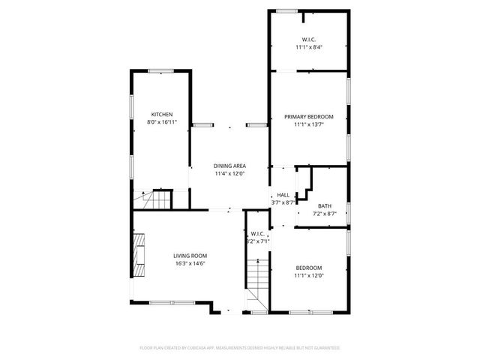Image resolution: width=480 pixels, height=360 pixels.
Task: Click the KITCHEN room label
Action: (x=162, y=114)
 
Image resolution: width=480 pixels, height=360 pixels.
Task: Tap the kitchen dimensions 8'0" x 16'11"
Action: (x=162, y=122)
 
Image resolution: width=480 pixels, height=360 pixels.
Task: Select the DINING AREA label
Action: (x=230, y=166)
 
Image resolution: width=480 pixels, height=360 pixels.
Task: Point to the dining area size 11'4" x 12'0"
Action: (x=230, y=174)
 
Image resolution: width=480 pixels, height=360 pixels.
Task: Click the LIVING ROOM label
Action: (x=190, y=255)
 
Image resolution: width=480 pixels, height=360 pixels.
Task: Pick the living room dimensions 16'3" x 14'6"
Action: (x=190, y=263)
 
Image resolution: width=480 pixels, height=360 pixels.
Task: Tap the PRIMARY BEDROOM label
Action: (x=308, y=116)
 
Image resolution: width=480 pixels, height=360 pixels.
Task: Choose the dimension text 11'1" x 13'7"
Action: (x=308, y=125)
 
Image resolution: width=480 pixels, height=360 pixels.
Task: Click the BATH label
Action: (x=324, y=205)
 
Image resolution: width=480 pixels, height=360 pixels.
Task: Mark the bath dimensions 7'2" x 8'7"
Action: (x=324, y=214)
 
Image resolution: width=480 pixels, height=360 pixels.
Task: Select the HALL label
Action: (x=283, y=194)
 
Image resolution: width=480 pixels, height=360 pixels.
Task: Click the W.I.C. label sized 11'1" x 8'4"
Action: (x=308, y=39)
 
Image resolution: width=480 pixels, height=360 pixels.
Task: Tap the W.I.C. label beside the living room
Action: (x=257, y=232)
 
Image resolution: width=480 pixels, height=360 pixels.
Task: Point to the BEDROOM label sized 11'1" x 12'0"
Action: (x=308, y=268)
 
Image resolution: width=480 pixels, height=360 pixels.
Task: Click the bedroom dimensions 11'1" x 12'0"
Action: (x=308, y=276)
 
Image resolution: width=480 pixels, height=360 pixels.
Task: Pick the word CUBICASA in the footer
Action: (x=196, y=348)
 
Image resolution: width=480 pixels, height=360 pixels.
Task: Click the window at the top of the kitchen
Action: (x=161, y=71)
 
